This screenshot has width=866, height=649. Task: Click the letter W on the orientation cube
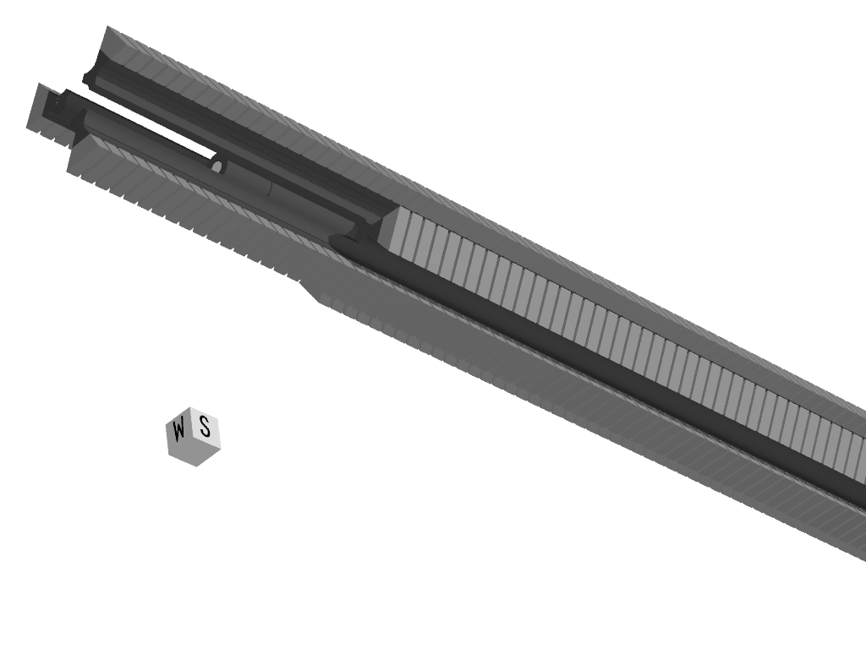178,430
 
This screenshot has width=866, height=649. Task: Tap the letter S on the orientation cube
205,427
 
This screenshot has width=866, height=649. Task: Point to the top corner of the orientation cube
190,407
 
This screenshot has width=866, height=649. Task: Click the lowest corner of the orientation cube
196,466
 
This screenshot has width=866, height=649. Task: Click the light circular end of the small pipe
217,166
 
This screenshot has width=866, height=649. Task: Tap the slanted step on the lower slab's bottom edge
310,292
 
